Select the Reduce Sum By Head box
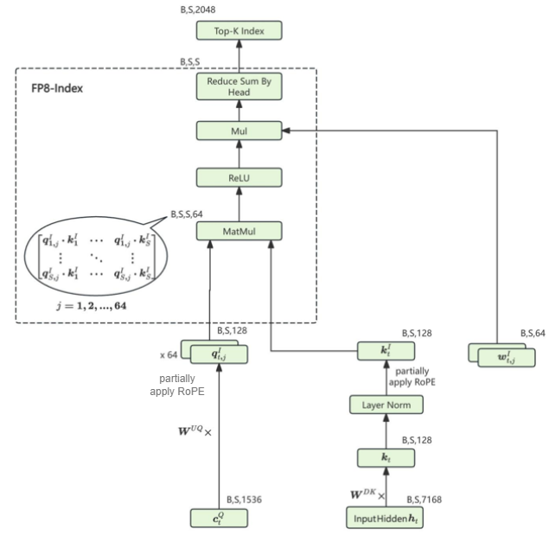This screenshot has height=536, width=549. (239, 86)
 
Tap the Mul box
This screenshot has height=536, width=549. (239, 131)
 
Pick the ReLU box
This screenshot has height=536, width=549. (239, 178)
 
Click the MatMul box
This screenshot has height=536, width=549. (239, 231)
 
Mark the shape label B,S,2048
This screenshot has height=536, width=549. (200, 10)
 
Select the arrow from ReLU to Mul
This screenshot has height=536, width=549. (239, 154)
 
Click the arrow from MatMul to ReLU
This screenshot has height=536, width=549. (239, 204)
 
